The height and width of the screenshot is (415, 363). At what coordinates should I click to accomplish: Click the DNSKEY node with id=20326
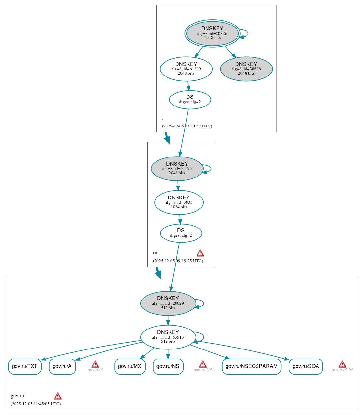coord(212,33)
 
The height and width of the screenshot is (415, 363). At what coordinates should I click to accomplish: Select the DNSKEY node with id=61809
coord(186,69)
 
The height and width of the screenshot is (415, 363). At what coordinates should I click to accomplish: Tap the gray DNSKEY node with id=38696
coord(246,69)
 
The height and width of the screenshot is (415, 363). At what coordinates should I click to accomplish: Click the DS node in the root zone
coord(190,99)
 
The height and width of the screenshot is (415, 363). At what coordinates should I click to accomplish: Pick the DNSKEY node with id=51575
coord(177,168)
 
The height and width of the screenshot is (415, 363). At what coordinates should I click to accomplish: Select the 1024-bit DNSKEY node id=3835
coord(179,202)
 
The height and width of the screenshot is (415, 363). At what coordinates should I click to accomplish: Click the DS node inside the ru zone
coord(181,233)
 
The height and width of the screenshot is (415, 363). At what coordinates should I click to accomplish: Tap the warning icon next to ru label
coord(200,253)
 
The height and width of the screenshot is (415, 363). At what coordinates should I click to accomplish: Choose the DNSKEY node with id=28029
coord(168,303)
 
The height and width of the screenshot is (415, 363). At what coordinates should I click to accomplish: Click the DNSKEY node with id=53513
coord(168,337)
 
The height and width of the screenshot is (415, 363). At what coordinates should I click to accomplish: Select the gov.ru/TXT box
coord(25,366)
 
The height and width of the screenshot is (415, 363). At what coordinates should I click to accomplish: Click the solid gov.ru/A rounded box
coord(62,366)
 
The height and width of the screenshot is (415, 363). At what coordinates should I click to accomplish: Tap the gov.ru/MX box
coord(130,366)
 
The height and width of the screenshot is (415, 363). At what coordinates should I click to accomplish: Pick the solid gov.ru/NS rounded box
coord(168,366)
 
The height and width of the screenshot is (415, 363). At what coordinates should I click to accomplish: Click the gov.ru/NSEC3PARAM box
coord(251,366)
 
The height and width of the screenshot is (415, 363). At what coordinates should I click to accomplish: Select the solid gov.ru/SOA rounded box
coord(306,366)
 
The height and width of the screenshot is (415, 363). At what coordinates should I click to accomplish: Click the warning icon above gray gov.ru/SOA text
coord(342,364)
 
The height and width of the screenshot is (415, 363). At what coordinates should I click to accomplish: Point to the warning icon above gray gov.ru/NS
coord(203,364)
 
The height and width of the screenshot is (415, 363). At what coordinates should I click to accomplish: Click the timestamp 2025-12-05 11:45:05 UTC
coord(35,404)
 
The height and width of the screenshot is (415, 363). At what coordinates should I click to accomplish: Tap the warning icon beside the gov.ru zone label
coord(58,396)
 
